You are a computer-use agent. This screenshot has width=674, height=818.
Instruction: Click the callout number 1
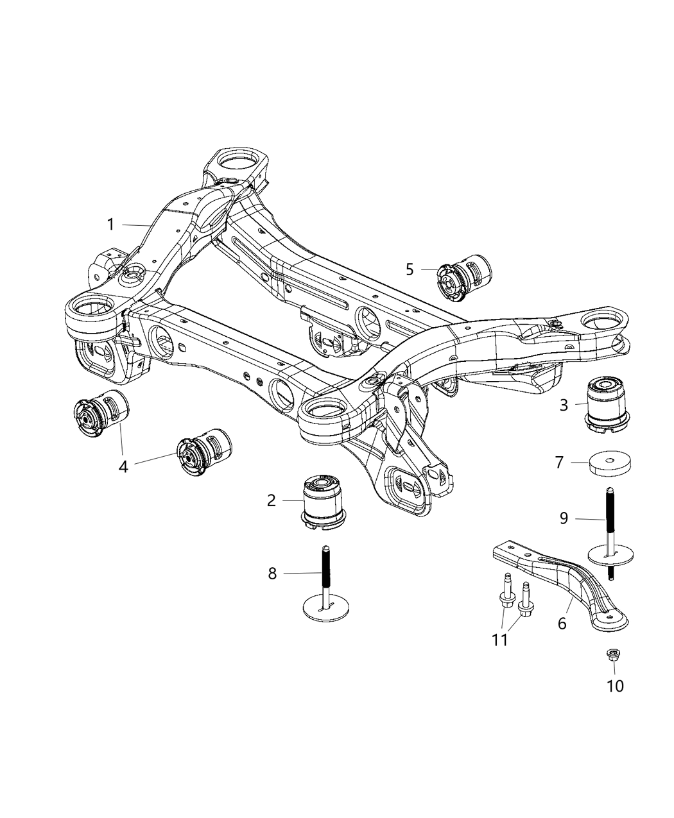[x=110, y=225]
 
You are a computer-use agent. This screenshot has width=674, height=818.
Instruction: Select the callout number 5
[x=410, y=269]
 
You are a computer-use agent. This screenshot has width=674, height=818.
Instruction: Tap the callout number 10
[x=615, y=686]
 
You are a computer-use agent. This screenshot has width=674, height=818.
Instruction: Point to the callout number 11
[x=500, y=640]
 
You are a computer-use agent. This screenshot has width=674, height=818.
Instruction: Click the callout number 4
[x=123, y=466]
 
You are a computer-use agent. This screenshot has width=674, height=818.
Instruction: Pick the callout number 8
[x=272, y=574]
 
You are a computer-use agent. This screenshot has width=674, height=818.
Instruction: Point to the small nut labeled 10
[x=612, y=655]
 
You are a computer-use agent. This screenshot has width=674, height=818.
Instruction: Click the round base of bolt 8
[x=327, y=606]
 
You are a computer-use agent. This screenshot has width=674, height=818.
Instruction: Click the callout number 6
[x=562, y=622]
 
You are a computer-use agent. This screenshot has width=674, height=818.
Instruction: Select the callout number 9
[x=564, y=518]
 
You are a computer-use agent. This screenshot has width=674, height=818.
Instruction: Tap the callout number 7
[x=559, y=462]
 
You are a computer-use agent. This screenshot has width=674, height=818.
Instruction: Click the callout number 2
[x=272, y=500]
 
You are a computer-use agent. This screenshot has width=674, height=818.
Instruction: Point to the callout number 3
[x=564, y=405]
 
